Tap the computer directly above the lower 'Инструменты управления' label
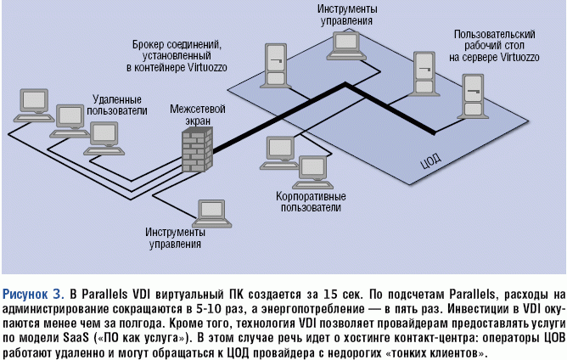pos(208,210)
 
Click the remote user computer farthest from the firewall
pos(34,100)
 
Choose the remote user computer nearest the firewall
pos(102,134)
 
